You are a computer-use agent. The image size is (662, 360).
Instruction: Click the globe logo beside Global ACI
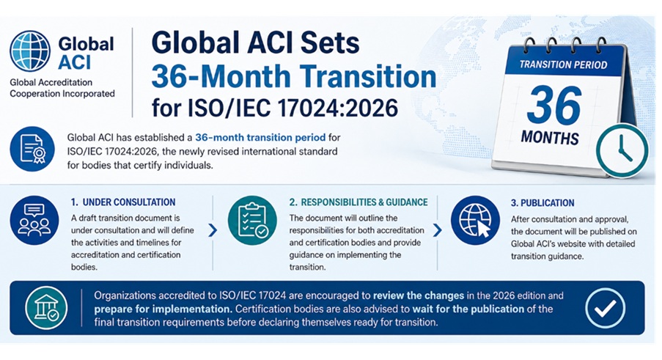[30, 51]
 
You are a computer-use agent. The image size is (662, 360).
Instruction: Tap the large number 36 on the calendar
[554, 106]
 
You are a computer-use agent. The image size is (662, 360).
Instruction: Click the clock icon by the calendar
[622, 150]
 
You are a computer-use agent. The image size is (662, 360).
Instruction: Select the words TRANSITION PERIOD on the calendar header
[563, 65]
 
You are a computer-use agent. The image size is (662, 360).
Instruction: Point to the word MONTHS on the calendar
[550, 138]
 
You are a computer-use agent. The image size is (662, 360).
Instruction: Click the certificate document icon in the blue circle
[32, 149]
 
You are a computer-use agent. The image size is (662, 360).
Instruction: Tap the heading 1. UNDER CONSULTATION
[123, 202]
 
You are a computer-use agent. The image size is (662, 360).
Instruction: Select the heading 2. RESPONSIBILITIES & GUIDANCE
[358, 202]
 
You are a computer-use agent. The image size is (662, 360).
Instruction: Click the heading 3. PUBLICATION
[543, 203]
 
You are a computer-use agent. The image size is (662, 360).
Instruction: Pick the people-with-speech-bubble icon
[34, 220]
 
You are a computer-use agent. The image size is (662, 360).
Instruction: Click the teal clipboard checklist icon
[252, 220]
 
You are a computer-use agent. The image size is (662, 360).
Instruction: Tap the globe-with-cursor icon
[475, 220]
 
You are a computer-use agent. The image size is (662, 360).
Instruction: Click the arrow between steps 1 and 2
[213, 230]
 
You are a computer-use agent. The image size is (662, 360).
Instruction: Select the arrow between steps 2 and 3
[438, 230]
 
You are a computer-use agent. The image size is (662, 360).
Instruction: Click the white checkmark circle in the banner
[605, 308]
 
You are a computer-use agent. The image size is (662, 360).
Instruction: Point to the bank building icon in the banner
[46, 308]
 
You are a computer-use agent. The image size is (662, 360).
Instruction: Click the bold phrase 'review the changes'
[419, 295]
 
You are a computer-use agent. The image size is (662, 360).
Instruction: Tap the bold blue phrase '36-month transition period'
[260, 138]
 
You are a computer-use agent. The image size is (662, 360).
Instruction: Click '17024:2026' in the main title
[337, 108]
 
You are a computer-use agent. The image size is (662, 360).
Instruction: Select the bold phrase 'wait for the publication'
[468, 309]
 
